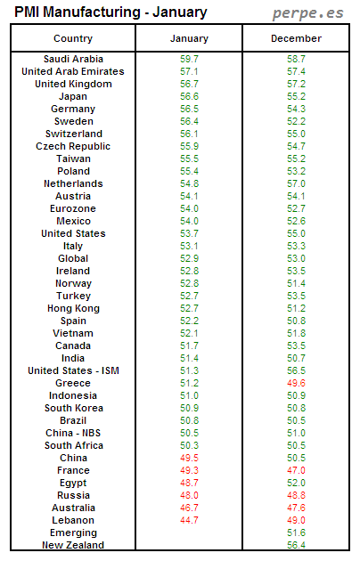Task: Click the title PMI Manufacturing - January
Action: (110, 12)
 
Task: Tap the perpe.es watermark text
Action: (307, 13)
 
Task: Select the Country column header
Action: (73, 39)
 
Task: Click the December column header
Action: (296, 39)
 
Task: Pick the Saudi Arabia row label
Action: (73, 59)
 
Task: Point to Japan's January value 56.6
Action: (189, 96)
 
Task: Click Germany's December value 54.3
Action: (296, 109)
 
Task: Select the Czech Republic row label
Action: (73, 146)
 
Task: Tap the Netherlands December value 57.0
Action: (296, 183)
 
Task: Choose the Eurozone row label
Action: (73, 208)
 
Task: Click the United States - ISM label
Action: (73, 370)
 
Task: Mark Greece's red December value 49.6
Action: (296, 383)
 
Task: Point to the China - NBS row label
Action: (73, 433)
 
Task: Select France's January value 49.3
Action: (189, 470)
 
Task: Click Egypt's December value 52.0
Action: (296, 483)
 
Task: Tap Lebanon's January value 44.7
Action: (189, 520)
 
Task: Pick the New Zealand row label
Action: (73, 545)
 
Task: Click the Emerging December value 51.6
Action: (296, 533)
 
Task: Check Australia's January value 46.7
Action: (189, 508)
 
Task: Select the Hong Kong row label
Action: (73, 308)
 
